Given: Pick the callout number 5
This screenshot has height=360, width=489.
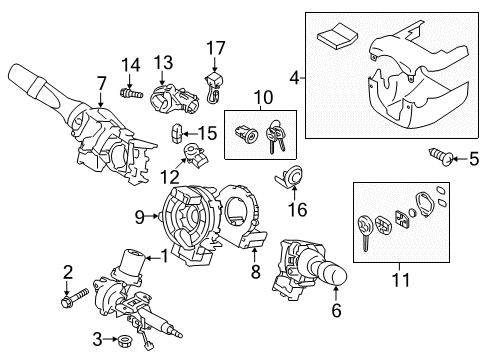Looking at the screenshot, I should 475,156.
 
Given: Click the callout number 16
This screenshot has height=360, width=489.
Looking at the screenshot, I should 296,211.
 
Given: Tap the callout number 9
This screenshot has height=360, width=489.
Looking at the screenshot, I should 142,214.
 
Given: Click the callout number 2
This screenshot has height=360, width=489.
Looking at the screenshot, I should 68,270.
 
